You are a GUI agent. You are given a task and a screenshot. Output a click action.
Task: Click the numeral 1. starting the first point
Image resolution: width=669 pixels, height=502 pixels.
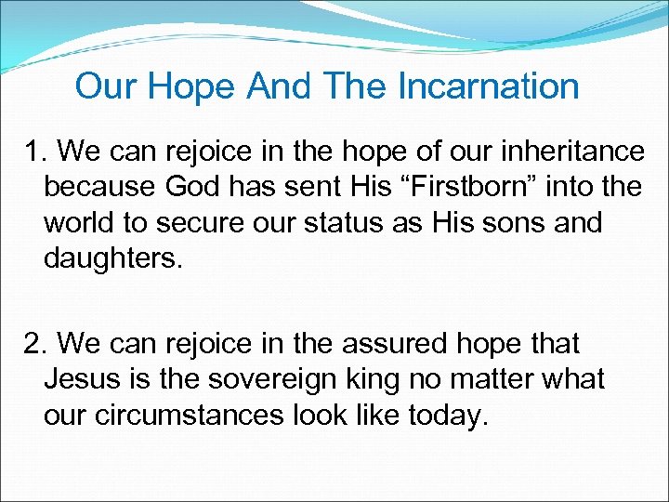(x=36, y=151)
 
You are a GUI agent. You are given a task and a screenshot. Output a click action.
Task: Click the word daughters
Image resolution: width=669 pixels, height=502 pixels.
(x=115, y=259)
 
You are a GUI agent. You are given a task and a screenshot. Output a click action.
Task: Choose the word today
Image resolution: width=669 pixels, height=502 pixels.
(x=448, y=416)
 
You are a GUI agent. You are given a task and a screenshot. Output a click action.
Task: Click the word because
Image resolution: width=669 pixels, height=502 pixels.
(x=99, y=187)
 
